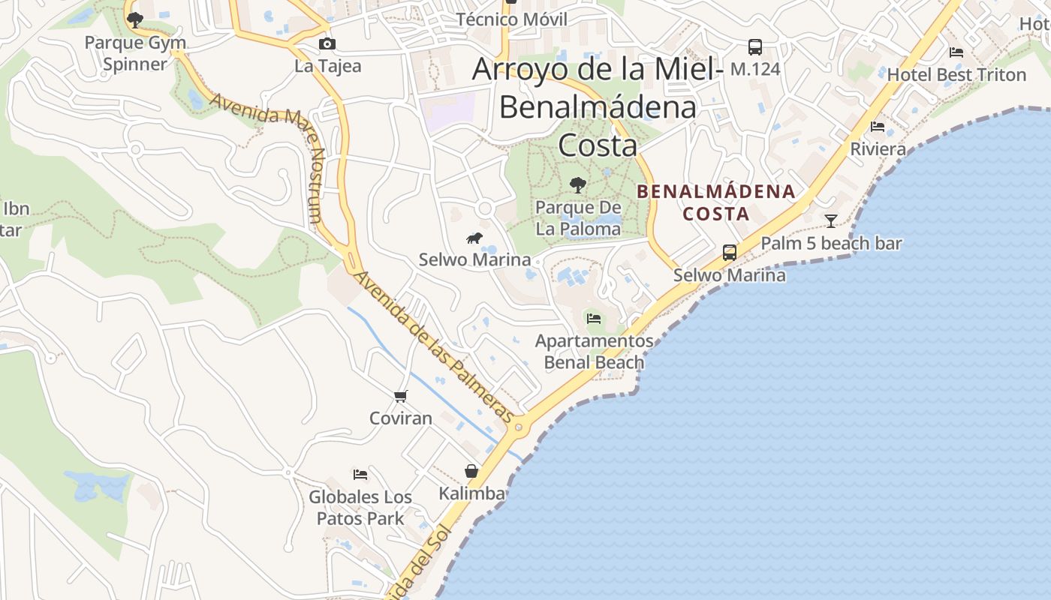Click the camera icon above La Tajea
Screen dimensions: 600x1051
click(327, 44)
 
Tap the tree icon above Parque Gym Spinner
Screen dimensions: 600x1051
click(135, 19)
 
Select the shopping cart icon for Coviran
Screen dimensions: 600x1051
click(401, 396)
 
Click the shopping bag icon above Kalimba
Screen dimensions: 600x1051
click(471, 471)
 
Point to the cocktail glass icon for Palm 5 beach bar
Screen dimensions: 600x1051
click(831, 220)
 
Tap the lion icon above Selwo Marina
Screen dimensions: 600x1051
click(474, 238)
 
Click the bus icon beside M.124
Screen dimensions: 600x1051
click(755, 47)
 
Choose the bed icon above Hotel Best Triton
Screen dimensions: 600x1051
click(956, 52)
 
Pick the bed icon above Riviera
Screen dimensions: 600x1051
click(878, 127)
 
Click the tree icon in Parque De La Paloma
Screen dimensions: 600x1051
click(578, 184)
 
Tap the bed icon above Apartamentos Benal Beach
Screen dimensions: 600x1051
click(594, 318)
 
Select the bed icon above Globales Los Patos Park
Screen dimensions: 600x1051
click(360, 475)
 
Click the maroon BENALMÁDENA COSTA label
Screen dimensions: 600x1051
click(715, 202)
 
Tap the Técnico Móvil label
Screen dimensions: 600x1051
click(512, 19)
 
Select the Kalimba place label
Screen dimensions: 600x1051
click(471, 493)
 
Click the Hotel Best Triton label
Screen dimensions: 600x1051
click(956, 75)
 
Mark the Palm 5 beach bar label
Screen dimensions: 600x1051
click(831, 244)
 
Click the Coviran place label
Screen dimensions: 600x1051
click(401, 418)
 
